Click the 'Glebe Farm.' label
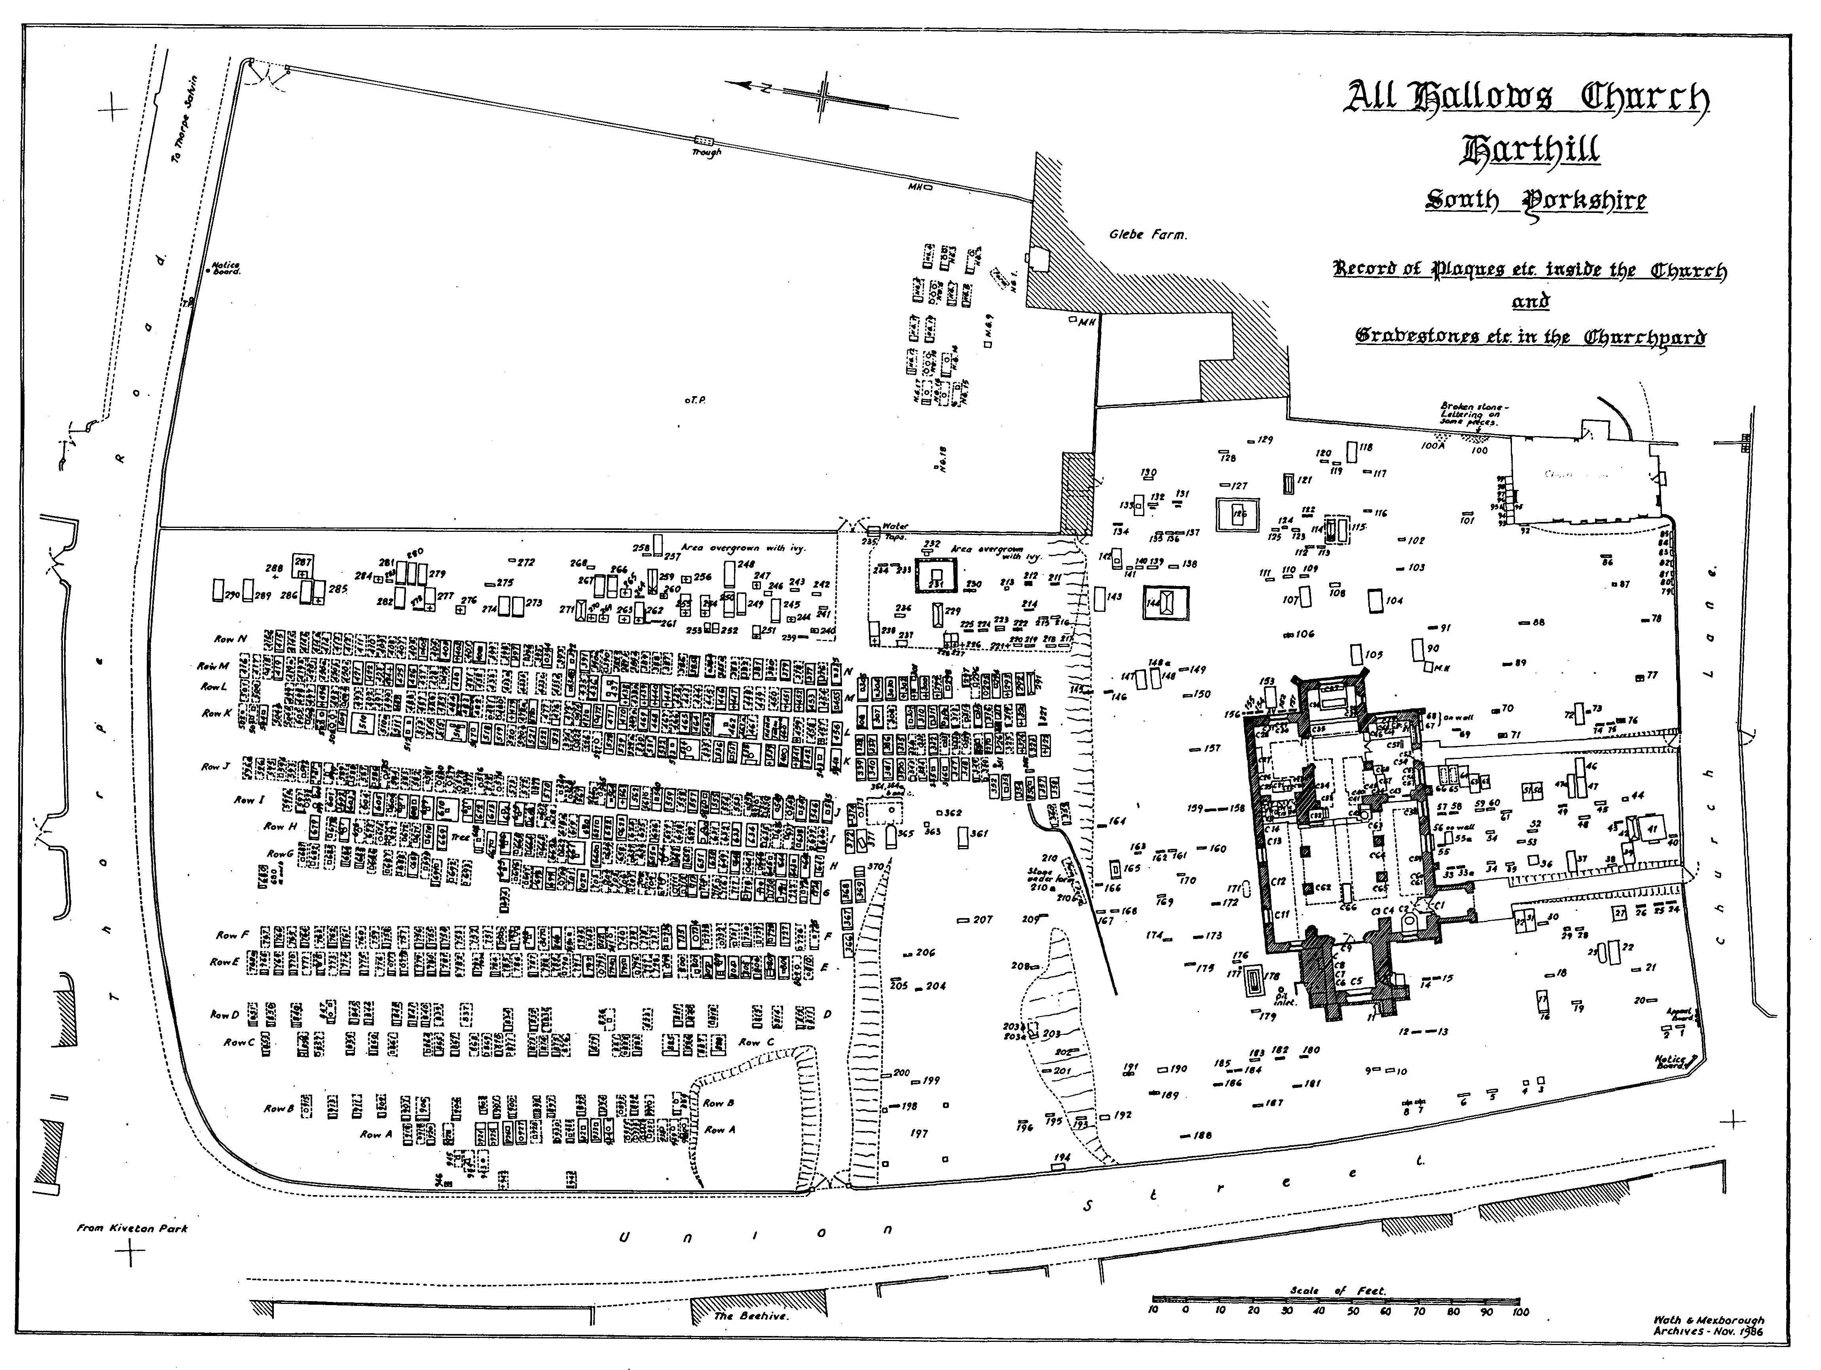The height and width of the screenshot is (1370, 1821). (x=1148, y=235)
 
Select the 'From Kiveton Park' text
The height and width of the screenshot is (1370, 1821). (x=132, y=1228)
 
